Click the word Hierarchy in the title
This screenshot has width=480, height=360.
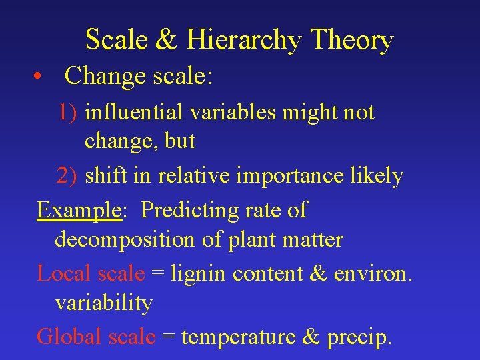point(245,41)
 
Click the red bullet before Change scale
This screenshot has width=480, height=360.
point(41,77)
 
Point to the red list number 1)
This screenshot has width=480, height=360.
point(68,113)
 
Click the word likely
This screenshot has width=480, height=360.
point(379,176)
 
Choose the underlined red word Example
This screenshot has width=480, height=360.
point(79,211)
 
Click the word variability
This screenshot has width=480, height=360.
point(103,303)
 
